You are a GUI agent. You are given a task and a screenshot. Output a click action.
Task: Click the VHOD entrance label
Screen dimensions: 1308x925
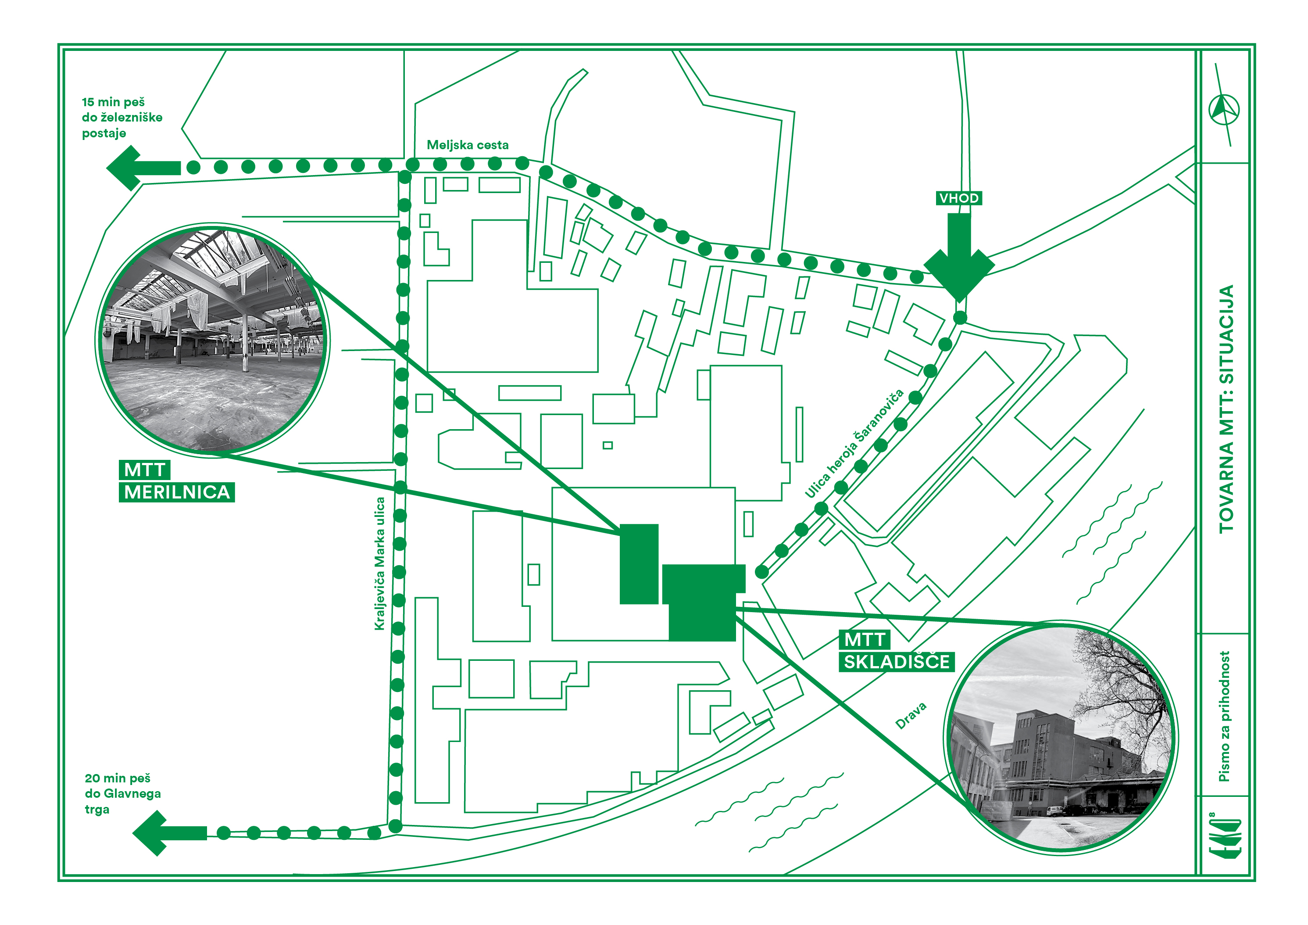[x=959, y=198]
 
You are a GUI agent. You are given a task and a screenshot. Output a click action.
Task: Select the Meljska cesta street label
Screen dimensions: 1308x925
[x=468, y=145]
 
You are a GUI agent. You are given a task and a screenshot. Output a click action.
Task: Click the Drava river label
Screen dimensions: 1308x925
[x=911, y=716]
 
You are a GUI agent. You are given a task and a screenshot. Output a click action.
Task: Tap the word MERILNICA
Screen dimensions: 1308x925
[x=177, y=492]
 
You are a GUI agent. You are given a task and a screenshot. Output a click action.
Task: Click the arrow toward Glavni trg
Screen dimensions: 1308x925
[x=169, y=833]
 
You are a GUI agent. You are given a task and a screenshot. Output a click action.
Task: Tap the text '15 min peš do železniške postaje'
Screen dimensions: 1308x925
[x=122, y=118]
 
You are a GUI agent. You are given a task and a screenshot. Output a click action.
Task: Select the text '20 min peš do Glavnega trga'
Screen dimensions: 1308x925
[x=122, y=793]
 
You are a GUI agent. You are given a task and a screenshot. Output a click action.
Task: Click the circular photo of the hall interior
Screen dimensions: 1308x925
[x=212, y=340]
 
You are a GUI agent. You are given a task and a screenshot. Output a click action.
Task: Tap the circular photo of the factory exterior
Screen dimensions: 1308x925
[x=1061, y=738]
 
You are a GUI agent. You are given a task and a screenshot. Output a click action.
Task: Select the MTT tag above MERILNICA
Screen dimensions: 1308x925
[x=145, y=470]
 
